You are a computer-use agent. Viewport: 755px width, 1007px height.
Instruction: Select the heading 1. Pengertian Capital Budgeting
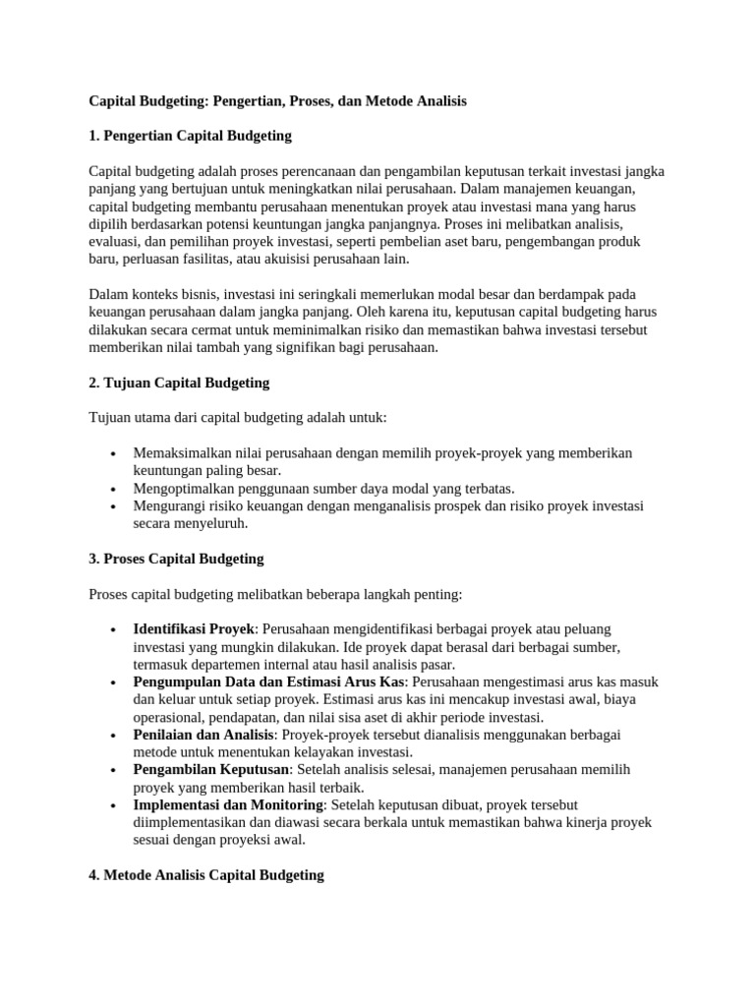coord(190,135)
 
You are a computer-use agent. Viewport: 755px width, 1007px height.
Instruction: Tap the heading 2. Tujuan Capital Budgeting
coord(179,383)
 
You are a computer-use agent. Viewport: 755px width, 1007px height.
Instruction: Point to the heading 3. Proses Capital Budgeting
coord(176,559)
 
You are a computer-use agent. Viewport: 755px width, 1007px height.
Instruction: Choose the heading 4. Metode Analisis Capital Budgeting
coord(205,874)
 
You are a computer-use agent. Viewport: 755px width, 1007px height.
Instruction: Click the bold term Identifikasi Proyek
coord(194,628)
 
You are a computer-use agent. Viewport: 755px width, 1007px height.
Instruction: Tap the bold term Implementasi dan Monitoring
coord(227,804)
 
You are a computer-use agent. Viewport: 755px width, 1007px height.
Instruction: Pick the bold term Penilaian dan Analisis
coord(204,735)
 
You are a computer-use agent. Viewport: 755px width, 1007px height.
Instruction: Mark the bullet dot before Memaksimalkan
coord(115,453)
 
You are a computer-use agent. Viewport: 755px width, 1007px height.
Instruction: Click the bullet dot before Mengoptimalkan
coord(115,489)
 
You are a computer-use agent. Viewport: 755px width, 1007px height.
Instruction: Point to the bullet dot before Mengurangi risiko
coord(115,506)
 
